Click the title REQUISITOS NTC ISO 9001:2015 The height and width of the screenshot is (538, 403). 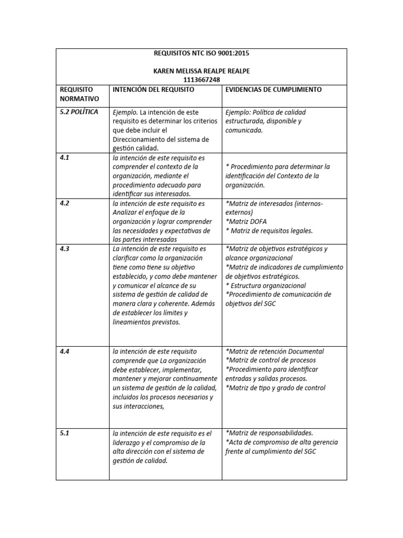click(x=201, y=54)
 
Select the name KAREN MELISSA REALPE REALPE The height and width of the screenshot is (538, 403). click(x=201, y=71)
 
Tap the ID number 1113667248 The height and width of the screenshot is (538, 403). click(x=201, y=80)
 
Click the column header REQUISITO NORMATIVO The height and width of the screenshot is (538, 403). click(x=77, y=94)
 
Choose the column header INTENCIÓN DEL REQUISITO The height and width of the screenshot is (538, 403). click(x=153, y=90)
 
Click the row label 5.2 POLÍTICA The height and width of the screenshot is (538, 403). click(x=79, y=112)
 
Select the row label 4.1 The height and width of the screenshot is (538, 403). click(x=65, y=157)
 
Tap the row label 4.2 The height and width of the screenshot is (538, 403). click(x=65, y=203)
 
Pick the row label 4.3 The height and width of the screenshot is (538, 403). click(x=65, y=249)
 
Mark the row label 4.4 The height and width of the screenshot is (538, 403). click(x=65, y=351)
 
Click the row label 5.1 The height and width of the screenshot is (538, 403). click(x=65, y=433)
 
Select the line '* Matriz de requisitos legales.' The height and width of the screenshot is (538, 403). click(x=269, y=231)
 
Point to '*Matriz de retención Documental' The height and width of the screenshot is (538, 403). click(x=274, y=351)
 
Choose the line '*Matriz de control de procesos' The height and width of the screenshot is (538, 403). click(x=270, y=360)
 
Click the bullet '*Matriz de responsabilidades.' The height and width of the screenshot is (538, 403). click(x=269, y=433)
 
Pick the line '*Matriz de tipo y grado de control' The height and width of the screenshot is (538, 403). click(x=275, y=388)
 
